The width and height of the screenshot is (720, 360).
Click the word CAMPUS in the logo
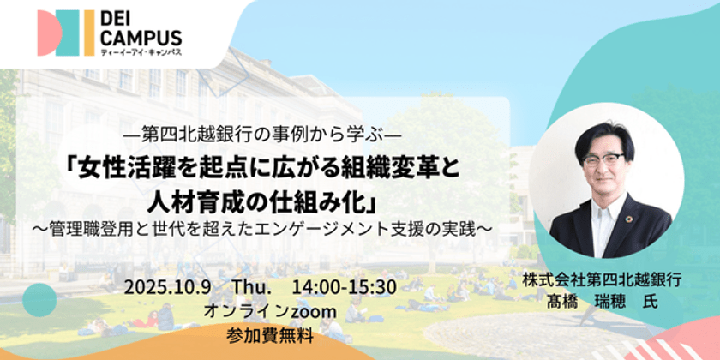click(141, 38)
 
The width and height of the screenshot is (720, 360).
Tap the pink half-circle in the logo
click(49, 33)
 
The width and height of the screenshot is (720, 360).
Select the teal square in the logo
click(68, 33)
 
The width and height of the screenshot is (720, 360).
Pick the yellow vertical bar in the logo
click(89, 33)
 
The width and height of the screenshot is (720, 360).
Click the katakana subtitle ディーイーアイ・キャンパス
click(141, 52)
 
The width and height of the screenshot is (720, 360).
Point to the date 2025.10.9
click(167, 288)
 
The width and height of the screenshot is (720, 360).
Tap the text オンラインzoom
click(270, 312)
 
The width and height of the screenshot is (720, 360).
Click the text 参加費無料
click(270, 336)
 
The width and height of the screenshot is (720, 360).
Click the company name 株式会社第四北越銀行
click(602, 281)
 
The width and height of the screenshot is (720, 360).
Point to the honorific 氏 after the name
click(651, 302)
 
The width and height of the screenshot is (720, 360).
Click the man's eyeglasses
click(603, 159)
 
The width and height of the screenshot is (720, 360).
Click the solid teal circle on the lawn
click(39, 300)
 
